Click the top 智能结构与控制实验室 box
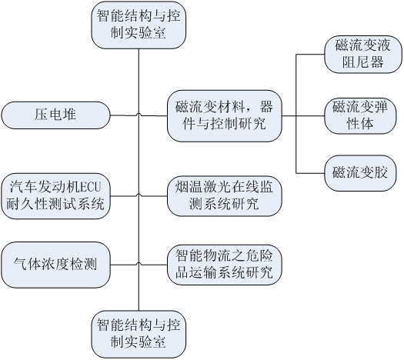[x=139, y=25]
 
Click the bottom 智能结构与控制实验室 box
[x=139, y=335]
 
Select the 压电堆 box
[x=55, y=115]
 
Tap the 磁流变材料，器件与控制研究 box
[x=225, y=116]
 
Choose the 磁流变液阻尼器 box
[x=362, y=55]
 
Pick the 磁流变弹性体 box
[x=360, y=116]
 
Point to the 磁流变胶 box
[x=360, y=173]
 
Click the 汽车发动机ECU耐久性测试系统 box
[x=55, y=196]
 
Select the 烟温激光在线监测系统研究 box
[x=225, y=196]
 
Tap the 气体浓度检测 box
[x=55, y=265]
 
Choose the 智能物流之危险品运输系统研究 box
[x=225, y=265]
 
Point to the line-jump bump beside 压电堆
[x=139, y=115]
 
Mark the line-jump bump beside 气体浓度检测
[x=139, y=264]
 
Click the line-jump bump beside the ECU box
[x=139, y=195]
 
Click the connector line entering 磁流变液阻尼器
[x=310, y=55]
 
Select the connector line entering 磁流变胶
[x=310, y=173]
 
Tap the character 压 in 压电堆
[x=42, y=115]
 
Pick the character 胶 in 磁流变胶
[x=381, y=172]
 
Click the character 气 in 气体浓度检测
[x=20, y=264]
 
